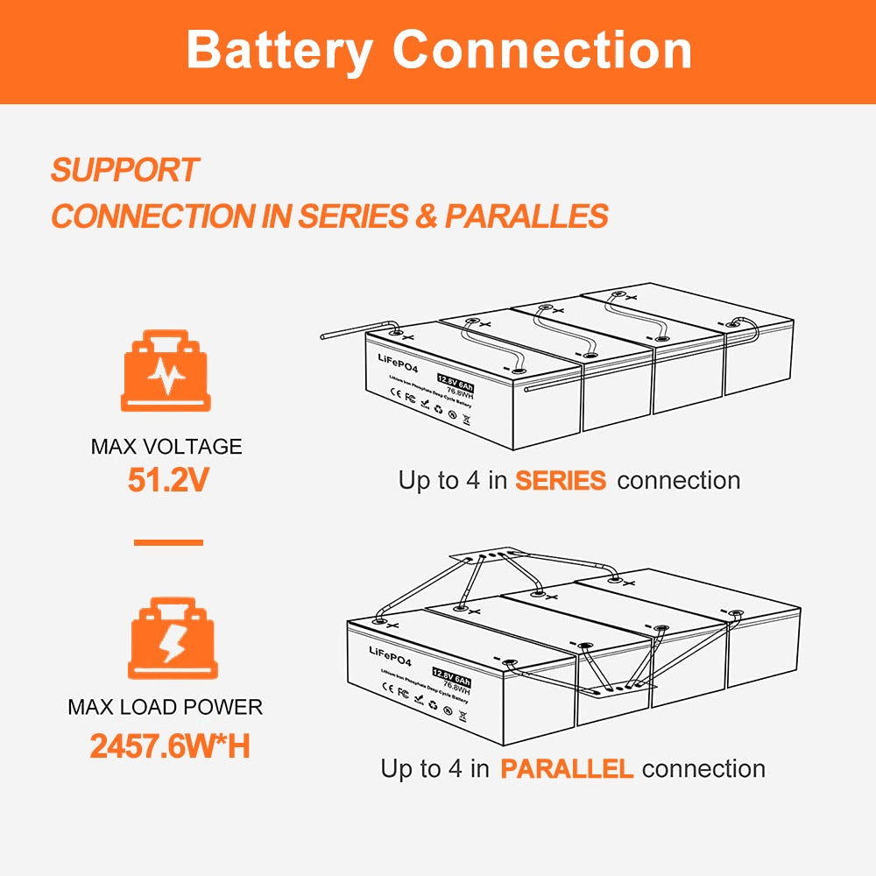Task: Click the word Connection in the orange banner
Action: click(542, 50)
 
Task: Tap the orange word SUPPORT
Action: click(124, 170)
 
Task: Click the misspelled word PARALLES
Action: click(526, 216)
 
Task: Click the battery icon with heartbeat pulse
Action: click(166, 371)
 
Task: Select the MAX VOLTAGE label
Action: click(166, 447)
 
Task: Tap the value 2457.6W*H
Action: click(170, 746)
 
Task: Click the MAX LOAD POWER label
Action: click(166, 707)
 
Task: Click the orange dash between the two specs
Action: click(168, 542)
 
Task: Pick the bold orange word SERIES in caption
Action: click(560, 481)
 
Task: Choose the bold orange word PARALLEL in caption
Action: click(566, 769)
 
